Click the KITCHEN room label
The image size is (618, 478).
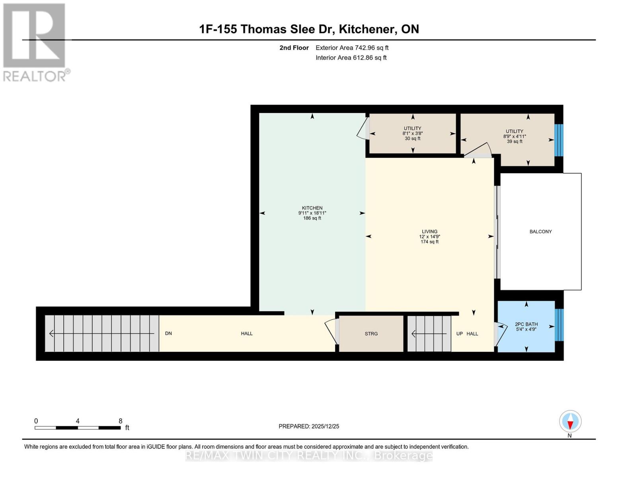click(312, 208)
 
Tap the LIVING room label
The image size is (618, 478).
click(429, 231)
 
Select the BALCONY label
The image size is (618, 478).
click(540, 231)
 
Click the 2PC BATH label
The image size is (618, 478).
click(526, 324)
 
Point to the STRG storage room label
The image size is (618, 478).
click(371, 334)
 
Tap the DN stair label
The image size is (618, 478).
click(168, 333)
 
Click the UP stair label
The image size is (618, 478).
click(459, 334)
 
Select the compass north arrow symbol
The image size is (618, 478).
click(570, 421)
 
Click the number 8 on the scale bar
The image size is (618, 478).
click(120, 421)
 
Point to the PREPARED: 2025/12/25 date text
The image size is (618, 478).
click(309, 426)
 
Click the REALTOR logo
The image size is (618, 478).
click(35, 42)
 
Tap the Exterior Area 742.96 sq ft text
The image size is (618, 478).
click(352, 48)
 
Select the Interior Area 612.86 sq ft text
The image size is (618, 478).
click(351, 58)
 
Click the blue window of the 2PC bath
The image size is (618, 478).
click(559, 325)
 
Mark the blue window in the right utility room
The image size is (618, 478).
click(559, 140)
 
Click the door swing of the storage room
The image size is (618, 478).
click(331, 331)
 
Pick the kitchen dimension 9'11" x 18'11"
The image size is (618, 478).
click(312, 213)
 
